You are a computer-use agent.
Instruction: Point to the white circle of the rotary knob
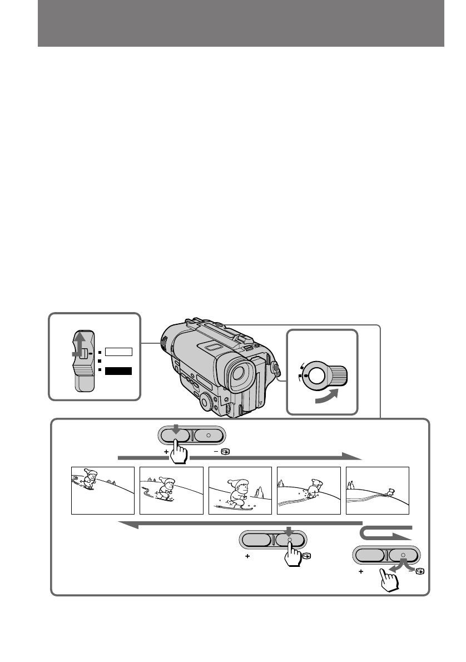coord(316,376)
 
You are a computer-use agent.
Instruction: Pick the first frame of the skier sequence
coord(103,490)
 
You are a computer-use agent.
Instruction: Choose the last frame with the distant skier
coord(378,490)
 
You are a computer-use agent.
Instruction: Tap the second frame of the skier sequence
coord(171,490)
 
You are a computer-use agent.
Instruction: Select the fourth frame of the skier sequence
coord(309,490)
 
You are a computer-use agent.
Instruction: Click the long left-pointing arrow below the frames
coord(239,525)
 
